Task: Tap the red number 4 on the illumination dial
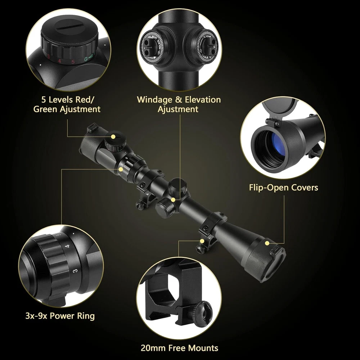point(59,61)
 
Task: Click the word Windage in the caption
point(154,100)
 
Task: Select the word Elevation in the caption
point(203,100)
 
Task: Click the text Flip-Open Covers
point(284,188)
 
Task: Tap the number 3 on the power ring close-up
point(75,271)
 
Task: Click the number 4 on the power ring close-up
point(67,246)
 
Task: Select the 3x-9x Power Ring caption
point(60,316)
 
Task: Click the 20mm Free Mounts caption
point(180,348)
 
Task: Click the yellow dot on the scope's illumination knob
point(113,136)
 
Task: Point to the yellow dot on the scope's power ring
point(121,169)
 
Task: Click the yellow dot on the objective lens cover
point(267,243)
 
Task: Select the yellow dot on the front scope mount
point(202,241)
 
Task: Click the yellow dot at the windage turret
point(173,200)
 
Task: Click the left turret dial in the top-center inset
point(152,47)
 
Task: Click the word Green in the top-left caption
point(45,109)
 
